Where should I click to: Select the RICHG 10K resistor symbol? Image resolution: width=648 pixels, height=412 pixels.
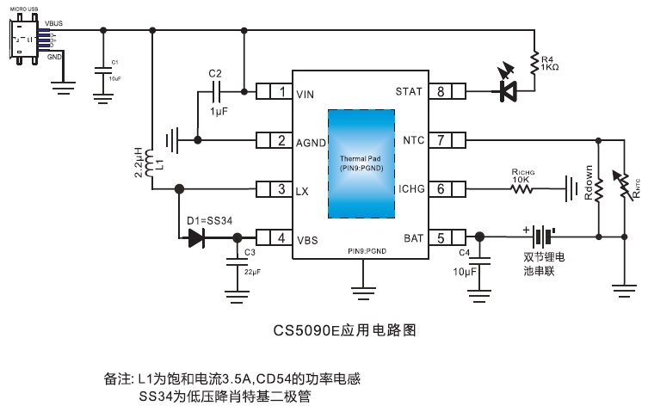click(525, 188)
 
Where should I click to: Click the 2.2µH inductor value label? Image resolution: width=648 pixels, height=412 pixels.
click(138, 162)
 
